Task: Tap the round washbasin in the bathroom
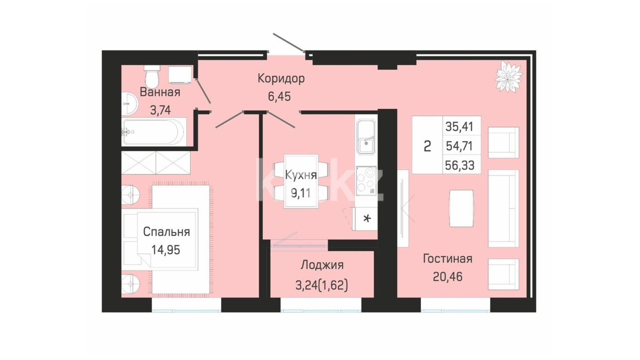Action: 130,104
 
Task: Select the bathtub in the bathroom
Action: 154,132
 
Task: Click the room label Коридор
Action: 281,78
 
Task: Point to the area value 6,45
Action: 279,96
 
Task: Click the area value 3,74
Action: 160,110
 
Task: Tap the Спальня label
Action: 166,232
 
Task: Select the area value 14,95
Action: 166,250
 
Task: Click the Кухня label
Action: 301,175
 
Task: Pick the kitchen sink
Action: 366,138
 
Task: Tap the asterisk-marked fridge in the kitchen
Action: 365,219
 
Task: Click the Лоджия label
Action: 322,265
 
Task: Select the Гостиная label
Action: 448,258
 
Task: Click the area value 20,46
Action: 448,276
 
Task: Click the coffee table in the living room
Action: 461,208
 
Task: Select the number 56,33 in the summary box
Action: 460,165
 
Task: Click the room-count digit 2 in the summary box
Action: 427,146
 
